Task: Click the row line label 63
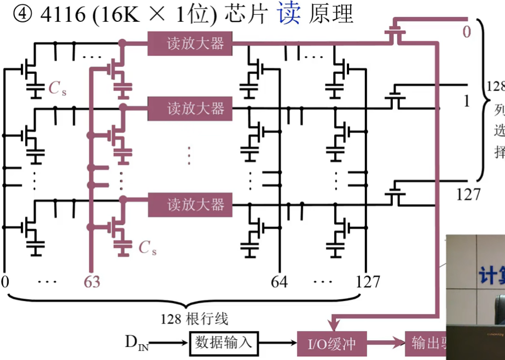point(91,282)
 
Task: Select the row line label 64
point(280,282)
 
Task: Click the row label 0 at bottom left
point(5,282)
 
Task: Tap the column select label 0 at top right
point(466,32)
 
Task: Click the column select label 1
point(466,102)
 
